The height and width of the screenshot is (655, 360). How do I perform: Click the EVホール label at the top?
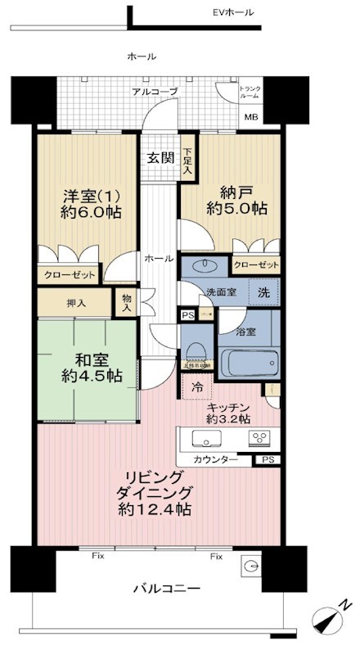click(x=233, y=12)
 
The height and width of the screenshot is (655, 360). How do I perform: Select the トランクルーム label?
click(x=250, y=93)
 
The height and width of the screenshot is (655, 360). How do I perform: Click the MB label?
click(x=249, y=116)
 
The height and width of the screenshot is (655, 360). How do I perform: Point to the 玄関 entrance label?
click(x=160, y=158)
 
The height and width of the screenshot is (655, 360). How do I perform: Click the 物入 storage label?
click(x=126, y=303)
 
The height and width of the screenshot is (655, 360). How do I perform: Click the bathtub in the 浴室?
click(x=249, y=363)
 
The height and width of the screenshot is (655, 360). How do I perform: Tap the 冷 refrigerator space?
click(x=197, y=387)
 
